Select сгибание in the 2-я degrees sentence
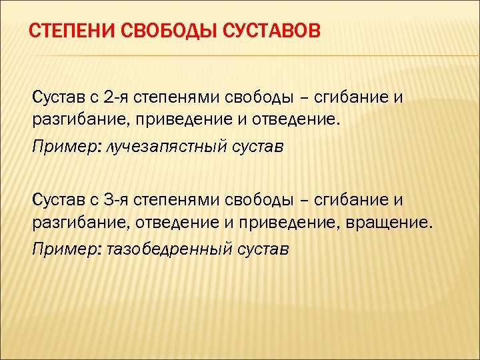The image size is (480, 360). coord(351,98)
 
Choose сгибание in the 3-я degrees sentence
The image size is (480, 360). coord(351,199)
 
